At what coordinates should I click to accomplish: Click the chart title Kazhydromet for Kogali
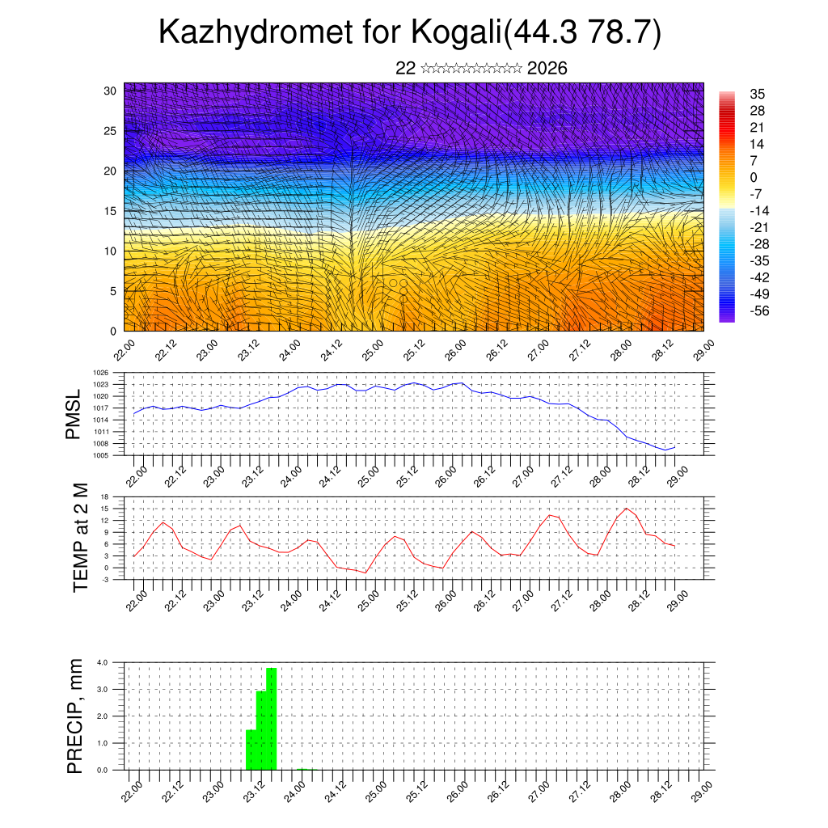(411, 32)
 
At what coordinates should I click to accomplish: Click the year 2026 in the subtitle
(547, 69)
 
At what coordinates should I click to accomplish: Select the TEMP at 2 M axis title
(79, 539)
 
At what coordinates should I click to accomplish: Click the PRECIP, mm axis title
(74, 716)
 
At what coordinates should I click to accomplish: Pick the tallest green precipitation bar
(272, 718)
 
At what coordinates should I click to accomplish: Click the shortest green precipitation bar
(251, 750)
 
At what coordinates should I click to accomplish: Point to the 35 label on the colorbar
(757, 94)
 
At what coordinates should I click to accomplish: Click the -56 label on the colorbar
(758, 310)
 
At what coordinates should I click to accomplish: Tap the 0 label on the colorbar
(754, 177)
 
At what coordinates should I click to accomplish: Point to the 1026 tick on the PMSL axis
(101, 373)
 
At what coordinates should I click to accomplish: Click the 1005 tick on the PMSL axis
(101, 456)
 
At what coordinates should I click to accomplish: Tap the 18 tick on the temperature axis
(104, 496)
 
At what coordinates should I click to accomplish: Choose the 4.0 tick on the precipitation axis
(103, 662)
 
